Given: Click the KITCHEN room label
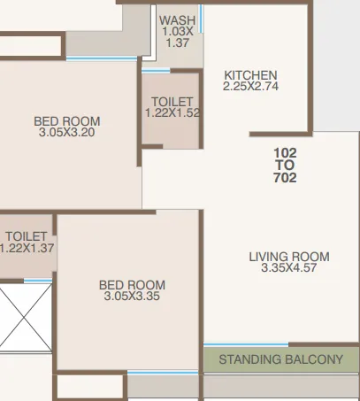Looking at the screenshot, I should pos(250,75).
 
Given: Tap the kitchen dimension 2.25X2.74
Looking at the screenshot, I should pos(250,87).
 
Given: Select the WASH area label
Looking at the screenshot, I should pos(178,20).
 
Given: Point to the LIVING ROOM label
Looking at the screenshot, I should pos(289,257).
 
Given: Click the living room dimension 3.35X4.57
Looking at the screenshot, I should pos(289,268).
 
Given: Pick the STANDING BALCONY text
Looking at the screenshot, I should pos(280,360).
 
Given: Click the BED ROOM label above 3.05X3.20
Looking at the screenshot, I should pos(67,121).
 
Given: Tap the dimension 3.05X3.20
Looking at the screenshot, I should pos(67,133).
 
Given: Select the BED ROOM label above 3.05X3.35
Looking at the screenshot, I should pos(132,285).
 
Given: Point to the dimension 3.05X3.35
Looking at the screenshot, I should pos(132,297).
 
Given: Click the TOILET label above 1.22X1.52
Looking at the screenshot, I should pos(172,102).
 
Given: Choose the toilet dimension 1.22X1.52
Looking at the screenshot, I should pos(172,113).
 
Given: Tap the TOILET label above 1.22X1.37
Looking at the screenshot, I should pos(26,237).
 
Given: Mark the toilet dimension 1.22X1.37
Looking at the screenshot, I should pos(27,249).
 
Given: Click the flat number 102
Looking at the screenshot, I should pos(286,152).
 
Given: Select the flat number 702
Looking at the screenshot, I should pos(286,178).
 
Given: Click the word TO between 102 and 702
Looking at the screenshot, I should pos(286,166).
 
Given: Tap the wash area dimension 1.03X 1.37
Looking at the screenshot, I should pos(178,37).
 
